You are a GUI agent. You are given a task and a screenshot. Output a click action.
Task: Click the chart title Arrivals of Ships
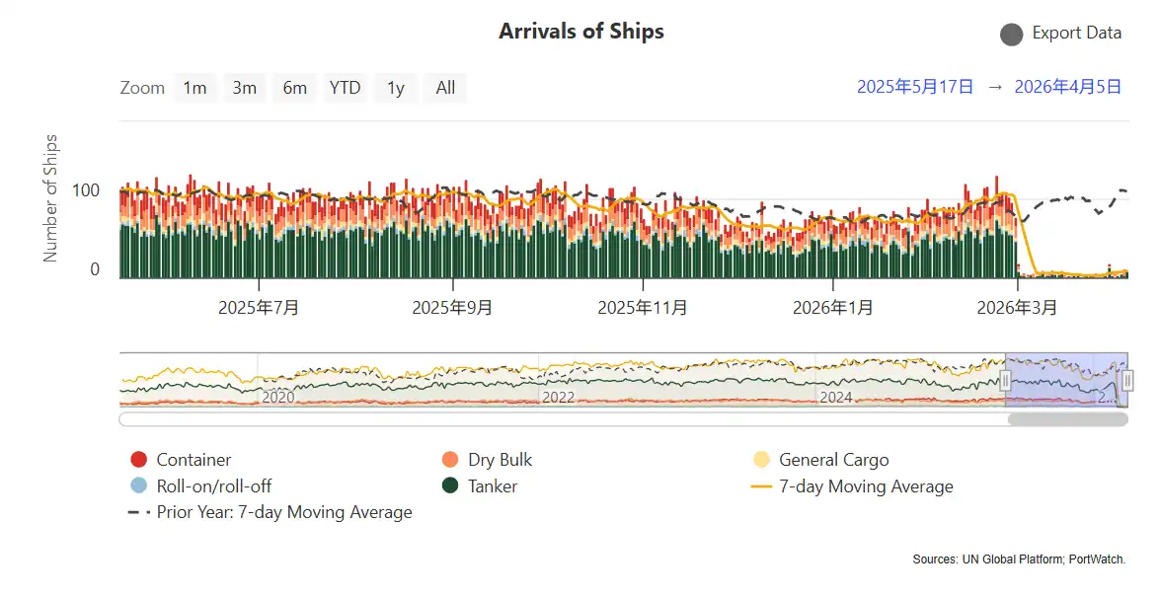(x=580, y=32)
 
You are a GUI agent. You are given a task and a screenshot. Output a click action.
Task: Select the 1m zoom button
(x=194, y=88)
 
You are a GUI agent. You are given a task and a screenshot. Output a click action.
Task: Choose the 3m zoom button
(x=244, y=88)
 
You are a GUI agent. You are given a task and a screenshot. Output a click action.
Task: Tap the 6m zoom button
(x=294, y=88)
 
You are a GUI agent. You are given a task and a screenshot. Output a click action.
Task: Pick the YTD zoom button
(x=345, y=88)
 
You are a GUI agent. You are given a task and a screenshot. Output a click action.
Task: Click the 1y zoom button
(x=395, y=88)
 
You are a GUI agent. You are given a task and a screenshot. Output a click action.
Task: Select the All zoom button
(x=445, y=88)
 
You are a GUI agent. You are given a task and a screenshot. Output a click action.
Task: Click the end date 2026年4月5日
(x=1067, y=87)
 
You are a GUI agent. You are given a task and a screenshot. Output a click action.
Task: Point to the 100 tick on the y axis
(x=87, y=189)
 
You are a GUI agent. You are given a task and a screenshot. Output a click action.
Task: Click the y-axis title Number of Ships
(x=51, y=197)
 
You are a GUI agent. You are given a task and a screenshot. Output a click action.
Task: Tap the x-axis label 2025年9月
(x=452, y=308)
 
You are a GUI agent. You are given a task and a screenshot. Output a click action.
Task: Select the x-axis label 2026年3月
(x=1017, y=308)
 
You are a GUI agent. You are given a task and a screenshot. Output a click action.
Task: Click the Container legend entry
(x=193, y=460)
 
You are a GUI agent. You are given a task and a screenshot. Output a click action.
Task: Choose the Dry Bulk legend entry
(x=500, y=460)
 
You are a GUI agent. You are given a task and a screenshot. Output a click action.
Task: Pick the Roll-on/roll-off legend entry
(x=213, y=485)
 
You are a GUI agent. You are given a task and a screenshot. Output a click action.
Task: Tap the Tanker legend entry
(x=493, y=485)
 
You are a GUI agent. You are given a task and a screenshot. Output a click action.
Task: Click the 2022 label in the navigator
(x=558, y=397)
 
